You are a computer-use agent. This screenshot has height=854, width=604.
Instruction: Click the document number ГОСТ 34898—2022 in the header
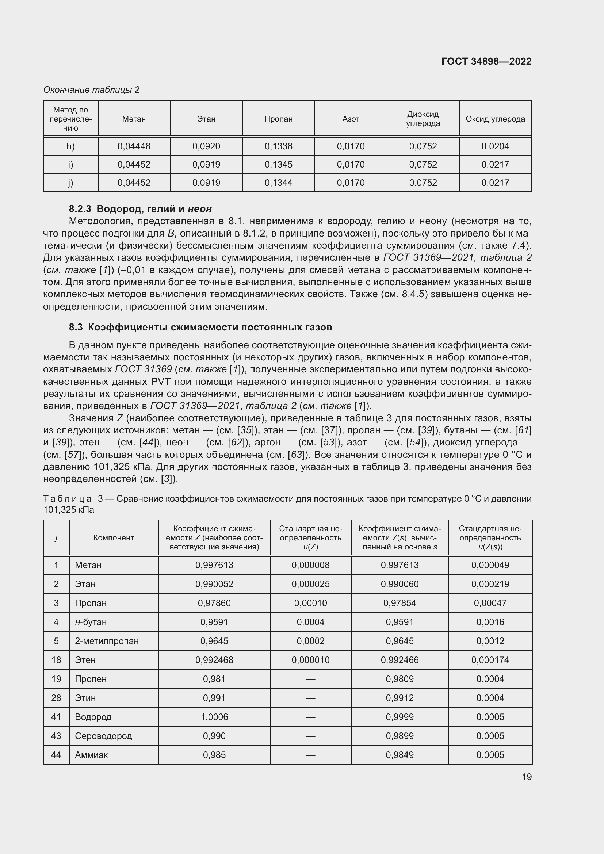point(486,61)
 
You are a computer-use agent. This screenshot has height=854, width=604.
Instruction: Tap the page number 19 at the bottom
point(527,777)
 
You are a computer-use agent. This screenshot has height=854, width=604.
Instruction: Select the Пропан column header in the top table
point(278,119)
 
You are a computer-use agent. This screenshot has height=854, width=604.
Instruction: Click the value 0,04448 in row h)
point(134,146)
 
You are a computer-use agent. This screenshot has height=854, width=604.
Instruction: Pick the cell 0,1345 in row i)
point(278,165)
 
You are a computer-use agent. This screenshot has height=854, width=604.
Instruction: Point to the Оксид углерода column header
point(495,119)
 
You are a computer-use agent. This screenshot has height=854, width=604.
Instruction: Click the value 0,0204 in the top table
point(495,146)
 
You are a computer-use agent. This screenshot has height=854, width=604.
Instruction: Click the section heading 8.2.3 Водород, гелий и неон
point(140,209)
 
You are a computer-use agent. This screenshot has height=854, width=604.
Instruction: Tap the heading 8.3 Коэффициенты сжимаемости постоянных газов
point(200,327)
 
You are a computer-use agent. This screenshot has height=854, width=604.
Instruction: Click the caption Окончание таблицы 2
point(92,90)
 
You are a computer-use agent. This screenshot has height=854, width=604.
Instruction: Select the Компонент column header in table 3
point(114,537)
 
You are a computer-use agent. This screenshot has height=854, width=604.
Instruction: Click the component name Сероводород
point(103,736)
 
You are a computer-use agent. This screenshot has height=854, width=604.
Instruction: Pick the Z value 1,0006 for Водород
point(214,717)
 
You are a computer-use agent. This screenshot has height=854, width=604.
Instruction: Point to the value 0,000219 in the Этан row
point(490,584)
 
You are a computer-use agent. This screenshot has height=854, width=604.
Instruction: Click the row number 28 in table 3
point(56,698)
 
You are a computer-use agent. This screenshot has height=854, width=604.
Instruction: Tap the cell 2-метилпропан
point(106,641)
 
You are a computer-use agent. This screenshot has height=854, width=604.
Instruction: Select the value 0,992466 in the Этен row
point(400,660)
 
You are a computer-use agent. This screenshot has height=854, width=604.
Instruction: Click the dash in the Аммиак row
point(310,755)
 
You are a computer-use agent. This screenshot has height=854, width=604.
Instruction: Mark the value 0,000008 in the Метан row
point(310,565)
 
